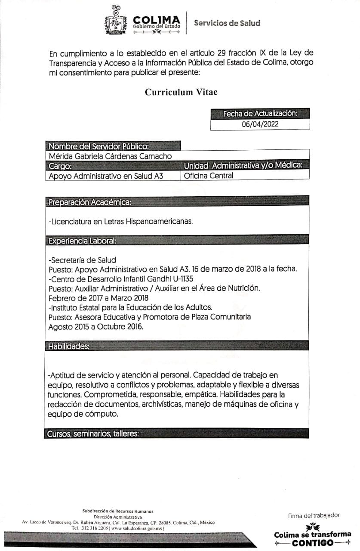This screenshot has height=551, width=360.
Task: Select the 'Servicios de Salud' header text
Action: pyautogui.click(x=227, y=23)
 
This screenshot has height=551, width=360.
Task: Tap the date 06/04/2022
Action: pyautogui.click(x=260, y=124)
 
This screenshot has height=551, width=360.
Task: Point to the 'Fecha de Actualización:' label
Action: pyautogui.click(x=260, y=114)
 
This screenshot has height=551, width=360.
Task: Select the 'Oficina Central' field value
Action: pyautogui.click(x=209, y=176)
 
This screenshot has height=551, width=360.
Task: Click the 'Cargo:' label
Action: pyautogui.click(x=60, y=166)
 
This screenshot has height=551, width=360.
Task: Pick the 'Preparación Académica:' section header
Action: pyautogui.click(x=90, y=202)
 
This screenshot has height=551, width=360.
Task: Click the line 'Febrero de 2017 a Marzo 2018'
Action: pyautogui.click(x=98, y=297)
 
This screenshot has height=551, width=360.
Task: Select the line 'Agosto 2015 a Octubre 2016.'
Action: pyautogui.click(x=96, y=326)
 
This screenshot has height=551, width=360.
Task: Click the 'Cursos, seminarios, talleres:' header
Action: pyautogui.click(x=93, y=434)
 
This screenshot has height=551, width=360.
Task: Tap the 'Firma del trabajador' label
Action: pyautogui.click(x=314, y=515)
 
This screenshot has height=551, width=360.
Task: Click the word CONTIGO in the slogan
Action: pyautogui.click(x=313, y=543)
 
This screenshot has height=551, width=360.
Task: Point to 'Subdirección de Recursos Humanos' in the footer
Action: pyautogui.click(x=117, y=511)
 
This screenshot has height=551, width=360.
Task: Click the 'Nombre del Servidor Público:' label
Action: pyautogui.click(x=99, y=146)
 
